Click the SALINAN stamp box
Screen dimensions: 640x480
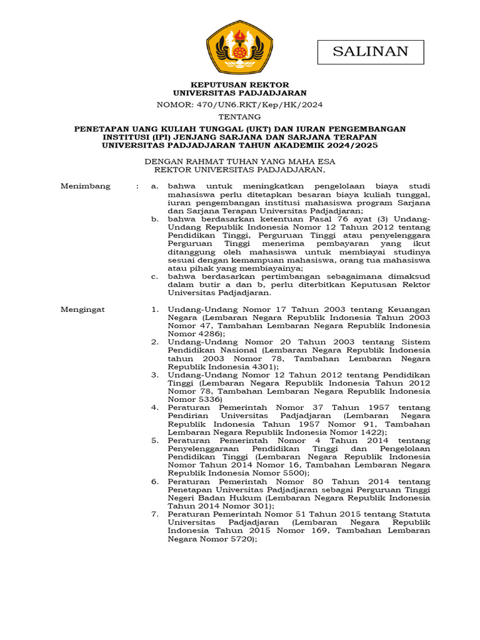pos(371,52)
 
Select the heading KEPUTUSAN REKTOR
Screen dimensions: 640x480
pos(240,84)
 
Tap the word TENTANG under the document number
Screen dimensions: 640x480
pos(240,117)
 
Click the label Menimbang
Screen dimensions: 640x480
pos(85,186)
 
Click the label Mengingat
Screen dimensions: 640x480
pos(82,309)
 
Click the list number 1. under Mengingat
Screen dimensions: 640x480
pos(155,309)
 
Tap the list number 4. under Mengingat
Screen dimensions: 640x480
pos(155,407)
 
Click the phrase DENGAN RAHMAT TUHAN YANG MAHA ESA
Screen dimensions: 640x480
pos(240,161)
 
